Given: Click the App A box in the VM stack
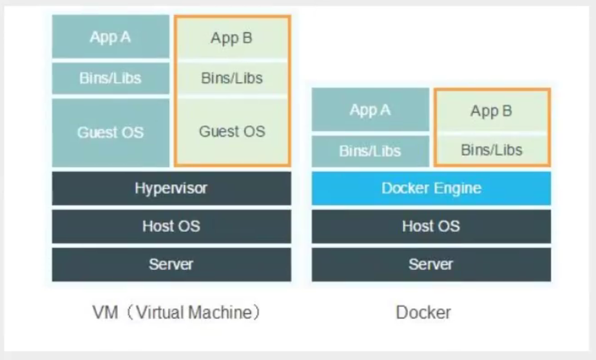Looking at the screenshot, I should click(x=111, y=37).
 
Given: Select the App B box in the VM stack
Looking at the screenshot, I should click(x=232, y=38).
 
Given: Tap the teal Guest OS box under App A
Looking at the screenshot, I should click(x=111, y=132).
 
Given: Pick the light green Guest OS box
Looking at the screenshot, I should click(x=232, y=131).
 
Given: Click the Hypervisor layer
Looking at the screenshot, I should click(x=171, y=188).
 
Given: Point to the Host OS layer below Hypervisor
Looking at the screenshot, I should click(x=171, y=227).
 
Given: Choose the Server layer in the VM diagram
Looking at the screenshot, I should click(x=171, y=264).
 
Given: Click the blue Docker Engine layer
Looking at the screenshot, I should click(x=431, y=188).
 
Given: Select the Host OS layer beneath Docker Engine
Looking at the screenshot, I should click(x=431, y=227).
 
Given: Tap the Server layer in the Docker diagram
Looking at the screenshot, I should click(x=431, y=264).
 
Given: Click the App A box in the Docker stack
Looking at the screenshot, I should click(x=370, y=110).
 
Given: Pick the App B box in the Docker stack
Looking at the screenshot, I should click(x=491, y=111).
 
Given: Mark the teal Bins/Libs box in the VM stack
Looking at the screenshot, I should click(x=111, y=78).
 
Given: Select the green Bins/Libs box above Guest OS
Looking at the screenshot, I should click(x=232, y=78).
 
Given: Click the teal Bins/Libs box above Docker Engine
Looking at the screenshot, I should click(x=370, y=150).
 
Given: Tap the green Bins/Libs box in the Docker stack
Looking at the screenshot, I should click(x=491, y=150).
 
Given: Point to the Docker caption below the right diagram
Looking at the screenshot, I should click(x=423, y=312).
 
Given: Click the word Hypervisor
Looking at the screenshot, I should click(x=171, y=188).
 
